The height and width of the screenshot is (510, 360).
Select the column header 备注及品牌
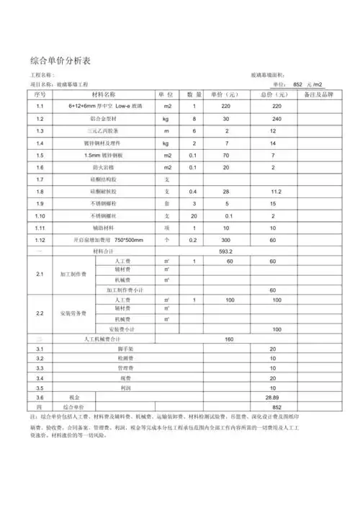[319, 94]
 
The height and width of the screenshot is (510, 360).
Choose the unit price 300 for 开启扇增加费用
[225, 240]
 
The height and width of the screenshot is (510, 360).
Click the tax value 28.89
[272, 397]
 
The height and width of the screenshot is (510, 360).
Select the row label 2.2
[40, 313]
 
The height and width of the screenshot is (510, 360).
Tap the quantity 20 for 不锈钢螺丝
[193, 216]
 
